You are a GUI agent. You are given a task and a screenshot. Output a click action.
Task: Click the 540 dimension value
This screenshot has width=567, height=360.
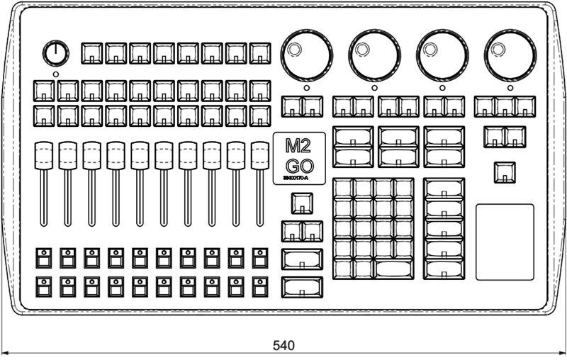click(283, 346)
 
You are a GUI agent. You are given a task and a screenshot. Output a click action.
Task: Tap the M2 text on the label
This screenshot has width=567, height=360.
click(299, 147)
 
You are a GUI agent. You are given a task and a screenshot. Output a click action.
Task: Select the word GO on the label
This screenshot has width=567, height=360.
click(299, 167)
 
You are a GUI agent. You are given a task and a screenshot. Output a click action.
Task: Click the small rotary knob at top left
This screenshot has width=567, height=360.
click(56, 52)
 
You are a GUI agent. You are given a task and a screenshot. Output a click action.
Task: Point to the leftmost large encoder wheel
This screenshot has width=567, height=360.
click(306, 54)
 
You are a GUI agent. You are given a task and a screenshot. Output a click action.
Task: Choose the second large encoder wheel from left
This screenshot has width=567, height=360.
click(374, 54)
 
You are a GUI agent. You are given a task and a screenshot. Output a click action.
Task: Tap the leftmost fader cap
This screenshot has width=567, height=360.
click(43, 155)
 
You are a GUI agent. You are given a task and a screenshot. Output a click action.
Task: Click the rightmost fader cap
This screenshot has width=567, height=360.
click(260, 155)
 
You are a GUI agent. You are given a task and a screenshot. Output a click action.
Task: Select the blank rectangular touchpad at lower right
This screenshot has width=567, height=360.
click(504, 242)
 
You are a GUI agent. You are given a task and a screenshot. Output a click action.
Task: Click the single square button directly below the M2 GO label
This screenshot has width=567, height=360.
click(302, 203)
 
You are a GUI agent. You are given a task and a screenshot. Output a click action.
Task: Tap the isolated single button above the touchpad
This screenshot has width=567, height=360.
click(504, 172)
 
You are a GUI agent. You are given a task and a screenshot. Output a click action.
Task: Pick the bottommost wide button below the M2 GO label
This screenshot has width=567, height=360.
click(302, 287)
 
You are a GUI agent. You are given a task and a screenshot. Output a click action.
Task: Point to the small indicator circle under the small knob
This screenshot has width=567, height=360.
click(56, 74)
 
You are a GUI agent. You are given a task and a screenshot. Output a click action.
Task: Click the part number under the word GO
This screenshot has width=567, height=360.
click(299, 179)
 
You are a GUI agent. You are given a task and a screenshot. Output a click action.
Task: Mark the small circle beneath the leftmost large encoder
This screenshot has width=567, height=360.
click(306, 88)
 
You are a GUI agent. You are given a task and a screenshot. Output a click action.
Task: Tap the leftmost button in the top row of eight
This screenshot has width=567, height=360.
click(92, 52)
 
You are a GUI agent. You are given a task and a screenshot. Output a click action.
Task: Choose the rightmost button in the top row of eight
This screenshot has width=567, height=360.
click(260, 52)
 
